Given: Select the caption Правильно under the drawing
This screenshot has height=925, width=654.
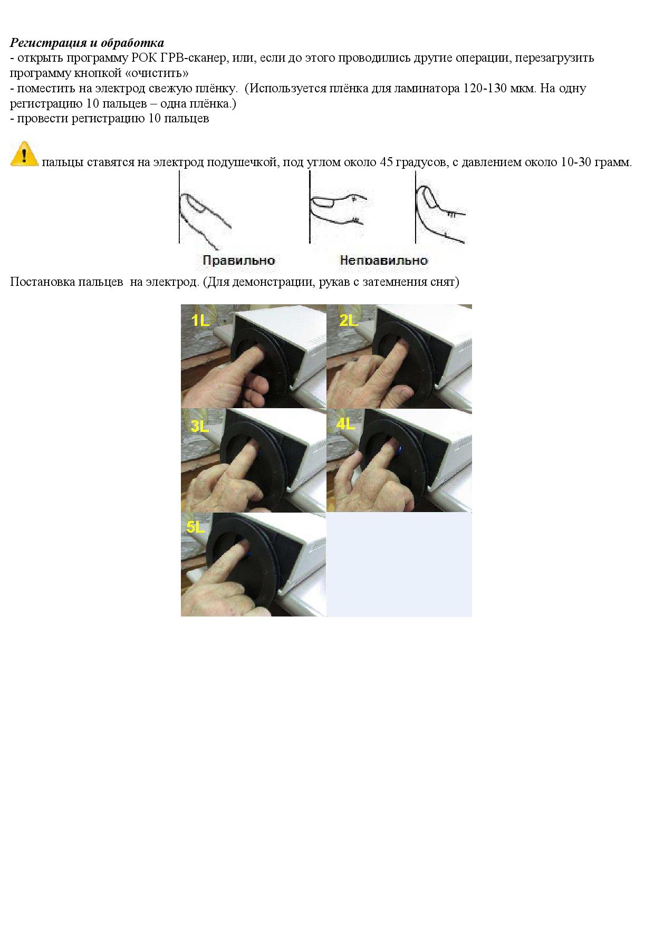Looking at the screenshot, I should [x=239, y=261].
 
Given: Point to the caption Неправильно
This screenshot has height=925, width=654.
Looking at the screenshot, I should [x=383, y=261].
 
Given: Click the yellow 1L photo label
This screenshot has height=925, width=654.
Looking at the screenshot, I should [x=200, y=320].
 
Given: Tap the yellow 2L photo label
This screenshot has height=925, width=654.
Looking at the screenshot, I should [x=349, y=320].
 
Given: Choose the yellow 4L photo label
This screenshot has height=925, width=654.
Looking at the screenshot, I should [x=346, y=423].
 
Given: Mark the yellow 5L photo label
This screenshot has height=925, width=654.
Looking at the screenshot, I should [x=196, y=527].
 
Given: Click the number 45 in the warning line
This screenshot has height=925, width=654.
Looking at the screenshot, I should [x=387, y=162].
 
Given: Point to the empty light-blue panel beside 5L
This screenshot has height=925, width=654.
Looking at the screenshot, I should [x=399, y=564].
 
